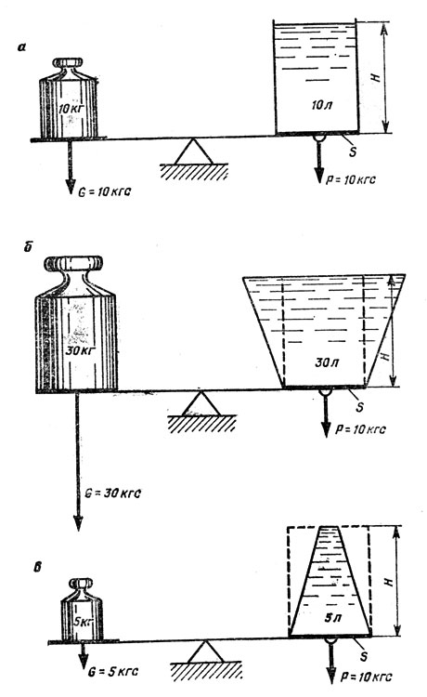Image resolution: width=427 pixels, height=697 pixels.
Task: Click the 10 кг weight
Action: tap(69, 98)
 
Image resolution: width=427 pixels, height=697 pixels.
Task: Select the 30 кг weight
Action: tap(76, 324)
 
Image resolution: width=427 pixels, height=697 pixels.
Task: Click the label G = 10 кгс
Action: tap(105, 192)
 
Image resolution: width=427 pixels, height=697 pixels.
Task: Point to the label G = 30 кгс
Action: tap(113, 493)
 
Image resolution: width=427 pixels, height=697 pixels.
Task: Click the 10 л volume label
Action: tap(322, 106)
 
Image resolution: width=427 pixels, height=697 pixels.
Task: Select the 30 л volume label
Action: tap(327, 362)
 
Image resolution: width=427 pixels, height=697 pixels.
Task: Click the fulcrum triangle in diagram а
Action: tap(193, 152)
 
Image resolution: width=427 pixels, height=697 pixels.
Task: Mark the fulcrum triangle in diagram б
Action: tap(201, 403)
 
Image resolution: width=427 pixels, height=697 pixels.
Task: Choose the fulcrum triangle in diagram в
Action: tap(205, 651)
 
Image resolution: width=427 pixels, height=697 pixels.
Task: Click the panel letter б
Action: tap(28, 247)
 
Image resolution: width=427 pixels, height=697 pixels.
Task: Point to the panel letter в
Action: tap(38, 568)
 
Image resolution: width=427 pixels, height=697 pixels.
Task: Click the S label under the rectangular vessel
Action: tap(353, 151)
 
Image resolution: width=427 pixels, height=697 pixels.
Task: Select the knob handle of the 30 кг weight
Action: tap(73, 263)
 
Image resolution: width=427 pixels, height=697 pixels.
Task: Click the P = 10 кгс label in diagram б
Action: tap(360, 429)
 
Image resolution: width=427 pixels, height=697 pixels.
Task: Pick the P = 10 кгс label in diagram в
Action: tap(366, 677)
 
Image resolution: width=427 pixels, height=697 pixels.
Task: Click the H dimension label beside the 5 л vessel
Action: tap(389, 582)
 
